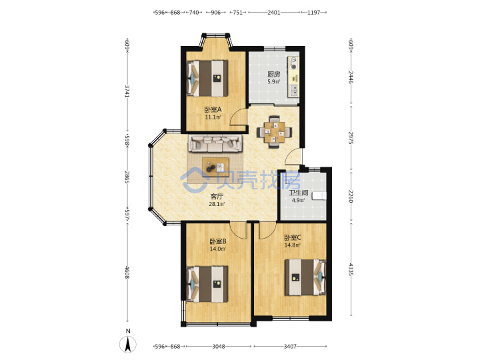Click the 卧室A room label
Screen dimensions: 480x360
[x=213, y=109]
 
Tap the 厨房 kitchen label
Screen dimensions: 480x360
[x=274, y=75]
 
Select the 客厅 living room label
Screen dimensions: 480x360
[x=217, y=197]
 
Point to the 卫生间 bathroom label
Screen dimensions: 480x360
[x=299, y=193]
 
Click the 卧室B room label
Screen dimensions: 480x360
[x=218, y=241]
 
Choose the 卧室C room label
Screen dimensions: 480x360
[x=293, y=237]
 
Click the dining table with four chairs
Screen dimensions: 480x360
[x=274, y=131]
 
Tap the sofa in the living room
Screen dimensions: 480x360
[x=215, y=143]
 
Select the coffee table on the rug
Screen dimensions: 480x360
[x=215, y=167]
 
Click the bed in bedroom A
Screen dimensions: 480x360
[x=207, y=79]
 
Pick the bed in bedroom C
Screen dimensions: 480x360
[x=305, y=277]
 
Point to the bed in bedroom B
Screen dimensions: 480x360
[x=207, y=284]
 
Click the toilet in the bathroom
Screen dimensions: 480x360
[x=319, y=196]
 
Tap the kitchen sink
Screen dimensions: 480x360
[x=294, y=90]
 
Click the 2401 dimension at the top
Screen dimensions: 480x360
[x=274, y=13]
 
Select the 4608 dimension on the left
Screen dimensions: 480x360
[x=127, y=273]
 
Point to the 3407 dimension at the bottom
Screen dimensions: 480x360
[x=290, y=347]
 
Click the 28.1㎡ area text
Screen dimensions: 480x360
[x=217, y=204]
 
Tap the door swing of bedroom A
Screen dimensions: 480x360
[x=239, y=116]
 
